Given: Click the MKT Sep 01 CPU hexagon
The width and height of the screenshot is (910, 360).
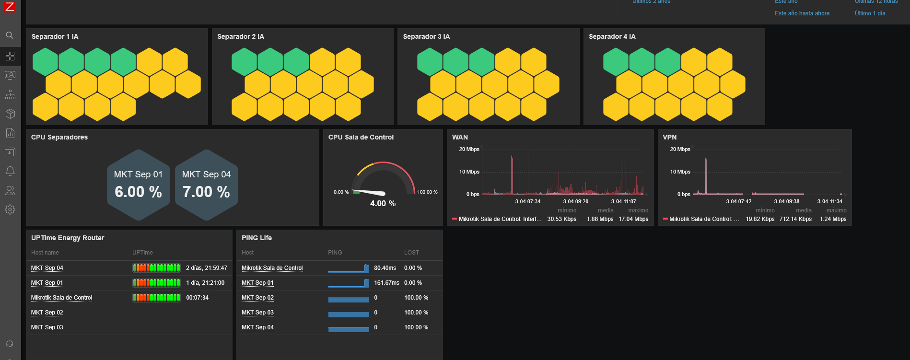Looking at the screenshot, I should coord(139,185).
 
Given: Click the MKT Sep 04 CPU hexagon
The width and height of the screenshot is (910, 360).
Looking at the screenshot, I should coord(207,185).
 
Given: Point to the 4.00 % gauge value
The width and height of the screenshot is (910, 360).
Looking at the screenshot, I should coord(383,204).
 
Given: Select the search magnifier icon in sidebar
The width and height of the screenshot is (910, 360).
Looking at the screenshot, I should coord(10,35).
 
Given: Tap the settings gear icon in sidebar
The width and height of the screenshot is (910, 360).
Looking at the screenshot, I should coord(10,209).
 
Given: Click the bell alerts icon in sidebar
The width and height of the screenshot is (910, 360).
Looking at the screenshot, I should coord(10,171).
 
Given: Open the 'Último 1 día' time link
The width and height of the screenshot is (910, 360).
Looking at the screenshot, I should coord(870,13).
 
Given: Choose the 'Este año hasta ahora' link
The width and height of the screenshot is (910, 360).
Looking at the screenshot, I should coord(802,13).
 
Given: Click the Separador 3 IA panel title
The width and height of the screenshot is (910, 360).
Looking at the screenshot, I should coord(426,36).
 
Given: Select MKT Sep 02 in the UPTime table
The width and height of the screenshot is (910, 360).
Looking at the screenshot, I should coord(47,313).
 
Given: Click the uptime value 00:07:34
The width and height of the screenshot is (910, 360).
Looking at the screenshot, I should coord(197,298).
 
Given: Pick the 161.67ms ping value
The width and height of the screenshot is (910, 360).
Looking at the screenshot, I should coord(386,283).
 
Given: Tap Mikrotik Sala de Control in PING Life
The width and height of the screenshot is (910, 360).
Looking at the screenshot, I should coord(272,268).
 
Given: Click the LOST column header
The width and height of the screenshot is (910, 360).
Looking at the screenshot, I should coord(411,253).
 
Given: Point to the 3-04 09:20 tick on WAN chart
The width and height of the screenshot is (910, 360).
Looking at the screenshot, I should coord(575,202).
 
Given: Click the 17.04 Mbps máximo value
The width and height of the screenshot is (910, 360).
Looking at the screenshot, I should coord(633,219).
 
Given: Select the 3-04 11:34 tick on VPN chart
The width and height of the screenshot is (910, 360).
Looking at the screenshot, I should coord(829,202).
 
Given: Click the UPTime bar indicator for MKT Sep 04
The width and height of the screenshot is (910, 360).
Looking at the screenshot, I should coord(156,268).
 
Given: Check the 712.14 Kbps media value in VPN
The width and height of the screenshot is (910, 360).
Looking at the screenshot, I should coord(795,219).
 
